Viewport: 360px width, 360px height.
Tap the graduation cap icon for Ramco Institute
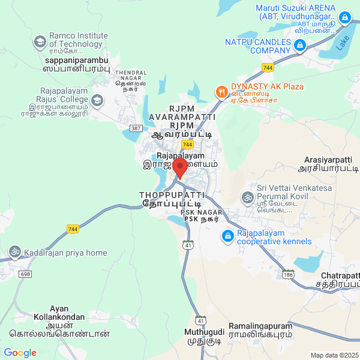tap(40, 41)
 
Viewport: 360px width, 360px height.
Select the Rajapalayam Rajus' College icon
tap(98, 100)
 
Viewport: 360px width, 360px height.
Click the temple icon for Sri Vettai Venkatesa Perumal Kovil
tap(247, 197)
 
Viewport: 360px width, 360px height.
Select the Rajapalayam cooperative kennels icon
tap(227, 237)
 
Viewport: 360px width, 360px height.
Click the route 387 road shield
tap(136, 129)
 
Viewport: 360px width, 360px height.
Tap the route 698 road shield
tap(25, 274)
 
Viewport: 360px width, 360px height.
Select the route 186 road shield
tap(289, 274)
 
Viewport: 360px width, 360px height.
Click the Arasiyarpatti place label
tap(328, 165)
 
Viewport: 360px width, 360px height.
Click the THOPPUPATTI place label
tap(172, 200)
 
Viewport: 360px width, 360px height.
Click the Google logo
tap(20, 353)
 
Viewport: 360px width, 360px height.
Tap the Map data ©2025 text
tap(334, 355)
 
